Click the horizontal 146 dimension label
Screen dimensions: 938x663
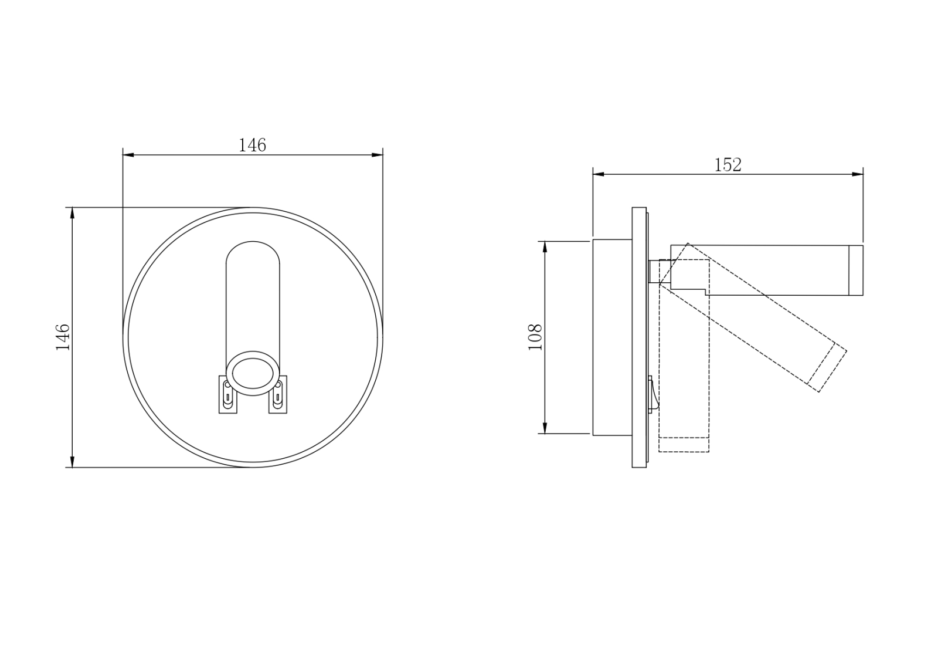tap(252, 145)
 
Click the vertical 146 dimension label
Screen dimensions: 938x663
tap(63, 337)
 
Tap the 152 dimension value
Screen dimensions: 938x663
tap(728, 165)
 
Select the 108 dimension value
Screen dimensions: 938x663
tap(535, 337)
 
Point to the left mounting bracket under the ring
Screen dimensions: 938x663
tap(228, 395)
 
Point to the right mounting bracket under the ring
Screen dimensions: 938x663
tap(278, 395)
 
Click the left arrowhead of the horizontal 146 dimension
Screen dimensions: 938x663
tap(128, 155)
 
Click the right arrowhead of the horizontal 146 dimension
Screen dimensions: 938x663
tap(378, 155)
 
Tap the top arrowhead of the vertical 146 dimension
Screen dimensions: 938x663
tap(73, 213)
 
